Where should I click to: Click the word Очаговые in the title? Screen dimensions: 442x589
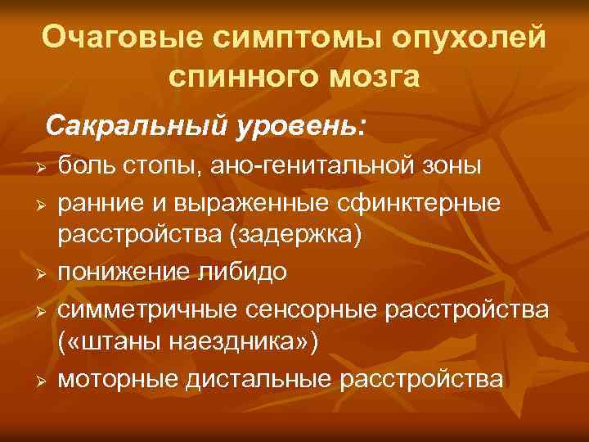pos(116,38)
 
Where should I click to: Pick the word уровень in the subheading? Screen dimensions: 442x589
pos(294,126)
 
